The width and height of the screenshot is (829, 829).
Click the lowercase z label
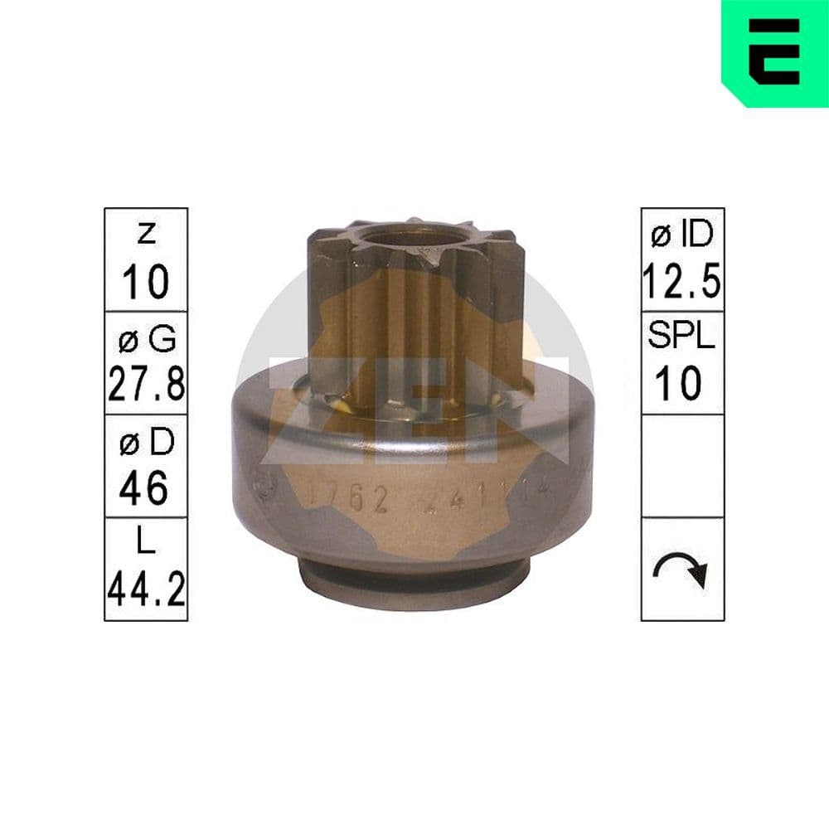pyautogui.click(x=146, y=235)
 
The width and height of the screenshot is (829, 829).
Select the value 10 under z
pyautogui.click(x=146, y=282)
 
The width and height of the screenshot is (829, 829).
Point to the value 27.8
pyautogui.click(x=146, y=385)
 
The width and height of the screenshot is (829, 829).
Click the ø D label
pyautogui.click(x=146, y=444)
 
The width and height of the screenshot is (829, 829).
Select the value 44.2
pyautogui.click(x=146, y=591)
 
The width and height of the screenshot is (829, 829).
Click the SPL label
pyautogui.click(x=682, y=338)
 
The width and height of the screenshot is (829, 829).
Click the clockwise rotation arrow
pyautogui.click(x=682, y=570)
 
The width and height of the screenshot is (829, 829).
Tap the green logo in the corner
pyautogui.click(x=775, y=52)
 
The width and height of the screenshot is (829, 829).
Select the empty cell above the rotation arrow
pyautogui.click(x=682, y=466)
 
